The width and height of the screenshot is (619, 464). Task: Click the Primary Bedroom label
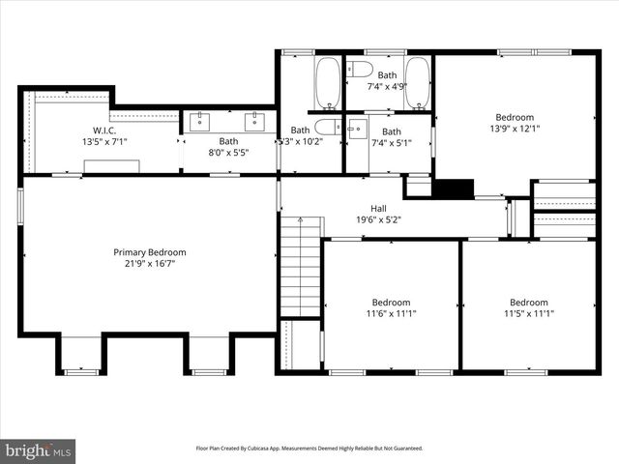click(149, 252)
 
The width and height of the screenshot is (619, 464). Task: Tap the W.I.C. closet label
click(104, 130)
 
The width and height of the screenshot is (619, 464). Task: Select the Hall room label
click(379, 208)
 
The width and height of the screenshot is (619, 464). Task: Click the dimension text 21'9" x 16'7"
click(149, 264)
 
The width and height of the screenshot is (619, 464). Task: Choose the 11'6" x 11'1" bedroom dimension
click(391, 313)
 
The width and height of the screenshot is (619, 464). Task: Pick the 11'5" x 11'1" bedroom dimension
click(528, 313)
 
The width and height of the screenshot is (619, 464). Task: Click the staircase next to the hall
click(301, 266)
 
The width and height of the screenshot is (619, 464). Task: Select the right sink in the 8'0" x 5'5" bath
click(255, 121)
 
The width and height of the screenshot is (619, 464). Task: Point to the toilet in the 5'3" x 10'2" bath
click(328, 127)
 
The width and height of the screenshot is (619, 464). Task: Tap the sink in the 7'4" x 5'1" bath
click(355, 128)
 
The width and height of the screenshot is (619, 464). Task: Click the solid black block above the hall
click(452, 188)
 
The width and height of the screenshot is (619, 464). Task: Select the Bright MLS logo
click(39, 450)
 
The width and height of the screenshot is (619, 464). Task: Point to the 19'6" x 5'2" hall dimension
click(379, 219)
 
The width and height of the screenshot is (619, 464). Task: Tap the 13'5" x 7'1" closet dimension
click(104, 141)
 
